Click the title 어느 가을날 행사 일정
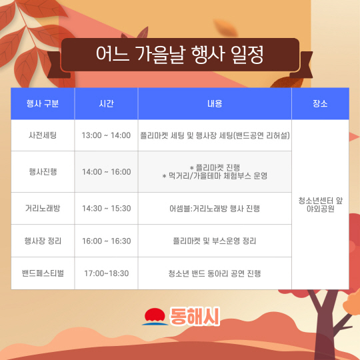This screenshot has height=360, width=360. pos(180,55)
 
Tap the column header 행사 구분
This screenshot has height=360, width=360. pos(43,103)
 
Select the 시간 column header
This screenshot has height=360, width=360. pos(106,103)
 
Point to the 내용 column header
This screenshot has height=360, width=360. pos(215,103)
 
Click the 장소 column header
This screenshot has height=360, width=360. pos(320,103)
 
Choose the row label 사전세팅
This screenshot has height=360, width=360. pos(43,135)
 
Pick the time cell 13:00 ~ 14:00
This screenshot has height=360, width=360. pos(106,135)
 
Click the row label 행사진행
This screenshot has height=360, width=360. pos(43,172)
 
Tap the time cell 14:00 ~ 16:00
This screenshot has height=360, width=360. pos(106,172)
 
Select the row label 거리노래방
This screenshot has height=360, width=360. pos(43,208)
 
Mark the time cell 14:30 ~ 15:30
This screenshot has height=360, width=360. pos(106,208)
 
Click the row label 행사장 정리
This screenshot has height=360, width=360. pos(43,241)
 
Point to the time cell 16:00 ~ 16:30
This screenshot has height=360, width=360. pos(106,241)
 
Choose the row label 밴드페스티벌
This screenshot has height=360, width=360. pos(43,273)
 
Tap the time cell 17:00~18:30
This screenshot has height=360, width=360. pos(106,273)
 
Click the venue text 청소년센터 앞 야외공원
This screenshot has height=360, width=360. pos(320,205)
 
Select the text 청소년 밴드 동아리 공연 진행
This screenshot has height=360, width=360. pos(215,273)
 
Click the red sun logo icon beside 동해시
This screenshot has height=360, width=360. pos(155,317)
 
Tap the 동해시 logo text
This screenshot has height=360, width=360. pos(195,317)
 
